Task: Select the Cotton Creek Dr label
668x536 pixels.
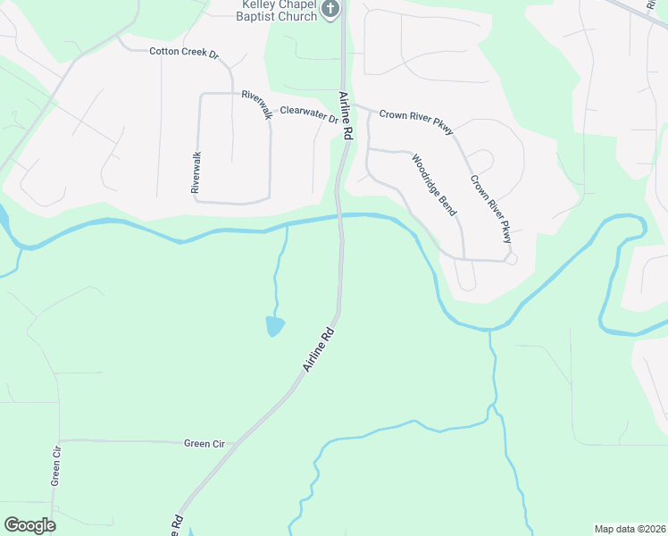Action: [x=184, y=52]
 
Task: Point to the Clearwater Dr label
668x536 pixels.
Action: [x=309, y=113]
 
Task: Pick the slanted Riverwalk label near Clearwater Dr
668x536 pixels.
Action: [x=255, y=104]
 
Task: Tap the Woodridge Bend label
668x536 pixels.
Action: [x=435, y=185]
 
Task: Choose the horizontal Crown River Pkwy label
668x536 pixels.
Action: [x=416, y=120]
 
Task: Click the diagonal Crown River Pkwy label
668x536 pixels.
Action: [x=492, y=208]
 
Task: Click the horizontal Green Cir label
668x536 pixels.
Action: [x=205, y=443]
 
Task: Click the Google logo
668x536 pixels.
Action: [x=29, y=524]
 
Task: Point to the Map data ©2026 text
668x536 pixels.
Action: [x=629, y=529]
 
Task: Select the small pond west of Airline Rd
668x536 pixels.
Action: [x=275, y=326]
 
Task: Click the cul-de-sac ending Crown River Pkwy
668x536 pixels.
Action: [x=510, y=259]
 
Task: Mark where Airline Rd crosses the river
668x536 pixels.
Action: [x=339, y=217]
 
